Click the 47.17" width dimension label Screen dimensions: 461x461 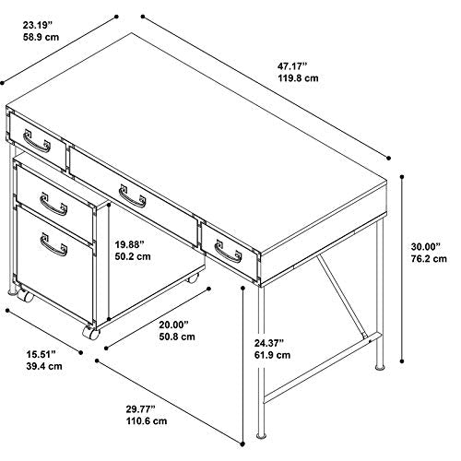coord(292,66)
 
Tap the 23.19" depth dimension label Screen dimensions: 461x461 coord(38,25)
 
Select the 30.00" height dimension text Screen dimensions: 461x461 coord(426,246)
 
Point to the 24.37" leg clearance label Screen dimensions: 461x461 coord(268,343)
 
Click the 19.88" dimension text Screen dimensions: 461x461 coord(129,244)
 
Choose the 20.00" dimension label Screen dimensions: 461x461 coord(173,325)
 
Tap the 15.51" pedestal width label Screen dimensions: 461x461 coord(41,354)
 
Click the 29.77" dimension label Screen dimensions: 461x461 coord(140,409)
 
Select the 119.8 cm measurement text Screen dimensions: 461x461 coord(299,78)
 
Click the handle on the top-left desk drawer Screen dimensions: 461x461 coord(37,141)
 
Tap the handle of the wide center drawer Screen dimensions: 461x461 coord(133,196)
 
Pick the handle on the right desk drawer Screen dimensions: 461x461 coord(228,252)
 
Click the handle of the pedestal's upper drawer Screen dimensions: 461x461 coord(53,204)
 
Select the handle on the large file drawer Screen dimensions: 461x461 coord(53,244)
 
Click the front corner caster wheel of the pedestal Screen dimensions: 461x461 coord(91,333)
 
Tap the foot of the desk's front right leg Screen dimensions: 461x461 coord(261,436)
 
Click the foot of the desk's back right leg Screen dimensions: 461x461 coord(380,367)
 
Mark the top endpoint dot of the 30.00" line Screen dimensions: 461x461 coord(402,177)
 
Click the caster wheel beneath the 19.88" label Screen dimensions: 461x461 coord(193,279)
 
